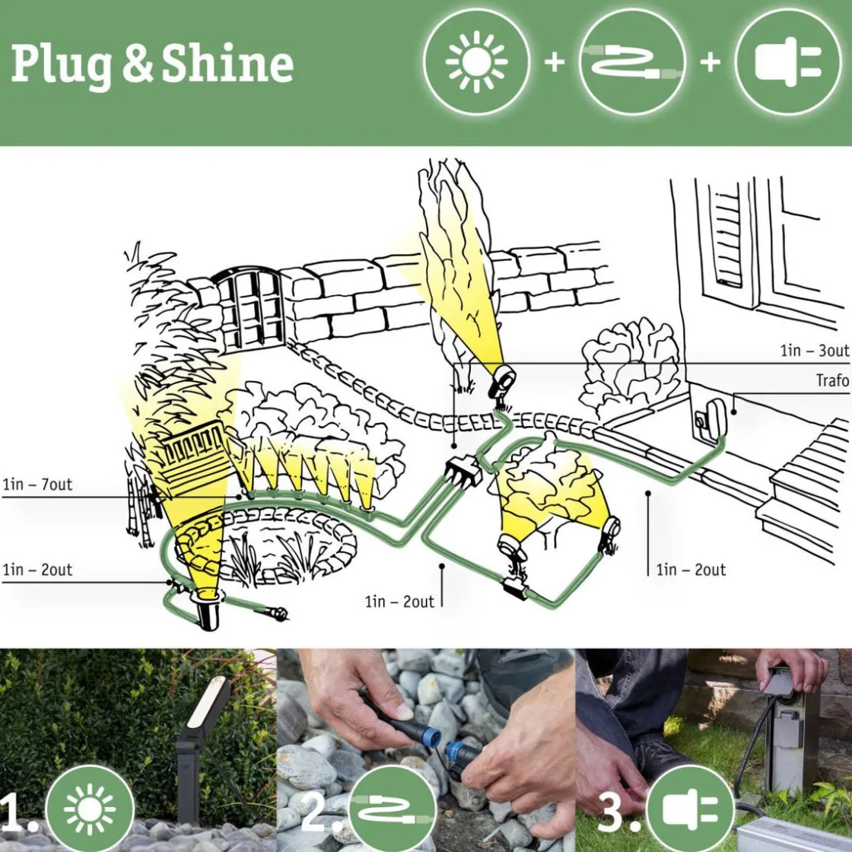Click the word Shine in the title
tap(227, 65)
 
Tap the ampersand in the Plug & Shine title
tap(137, 65)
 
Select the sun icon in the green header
tap(476, 62)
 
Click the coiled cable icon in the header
tap(632, 62)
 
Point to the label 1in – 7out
tap(37, 485)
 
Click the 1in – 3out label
tap(814, 351)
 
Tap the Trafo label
tap(831, 380)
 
